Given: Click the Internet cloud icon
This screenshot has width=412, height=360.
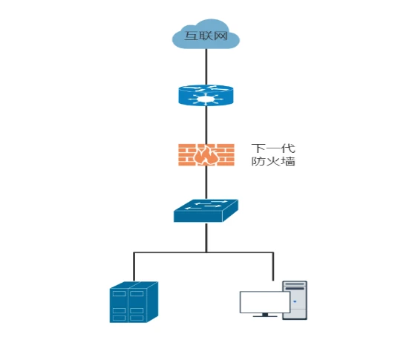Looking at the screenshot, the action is pos(206,34).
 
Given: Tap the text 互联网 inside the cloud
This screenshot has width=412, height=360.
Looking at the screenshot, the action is pos(206,36).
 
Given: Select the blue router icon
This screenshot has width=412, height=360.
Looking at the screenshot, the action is pos(206,95).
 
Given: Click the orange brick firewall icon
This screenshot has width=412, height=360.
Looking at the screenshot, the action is pos(206,154).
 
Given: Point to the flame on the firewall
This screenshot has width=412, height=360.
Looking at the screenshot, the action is pos(206,156).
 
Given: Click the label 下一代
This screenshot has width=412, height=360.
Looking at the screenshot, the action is pos(273,148).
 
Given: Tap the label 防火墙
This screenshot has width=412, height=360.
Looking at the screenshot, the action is pos(273,161).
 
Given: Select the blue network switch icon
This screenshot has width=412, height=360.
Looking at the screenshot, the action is pos(206,211).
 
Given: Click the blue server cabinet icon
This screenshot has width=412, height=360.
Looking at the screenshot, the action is pos(134,302).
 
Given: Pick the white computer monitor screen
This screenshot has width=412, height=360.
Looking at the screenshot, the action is pos(265,302).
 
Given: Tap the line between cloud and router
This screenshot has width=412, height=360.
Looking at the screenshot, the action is pos(206,67).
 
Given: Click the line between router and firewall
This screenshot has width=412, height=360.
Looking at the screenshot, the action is pos(206,125).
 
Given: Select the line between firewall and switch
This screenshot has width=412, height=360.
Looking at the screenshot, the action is pos(206,183).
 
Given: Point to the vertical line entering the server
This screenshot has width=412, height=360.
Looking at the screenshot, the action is pos(134,267).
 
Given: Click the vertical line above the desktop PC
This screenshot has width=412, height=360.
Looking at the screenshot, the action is pos(273,266).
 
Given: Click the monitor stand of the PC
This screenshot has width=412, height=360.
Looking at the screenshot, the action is pos(265,315).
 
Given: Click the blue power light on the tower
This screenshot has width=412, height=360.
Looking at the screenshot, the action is pos(295,301).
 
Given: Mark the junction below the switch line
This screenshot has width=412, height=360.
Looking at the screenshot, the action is pos(206,252).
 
